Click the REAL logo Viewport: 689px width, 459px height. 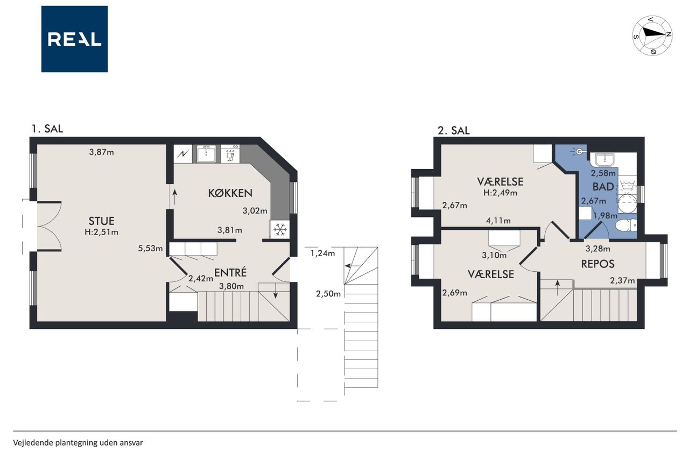pos(74,39)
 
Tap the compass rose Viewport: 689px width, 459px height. pos(652,36)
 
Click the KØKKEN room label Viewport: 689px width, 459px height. pos(230,193)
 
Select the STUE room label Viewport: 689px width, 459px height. pos(102,221)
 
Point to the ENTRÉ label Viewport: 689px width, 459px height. pos(230,273)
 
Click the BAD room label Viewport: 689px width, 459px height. pos(603,187)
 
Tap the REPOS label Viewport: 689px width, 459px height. pos(597,264)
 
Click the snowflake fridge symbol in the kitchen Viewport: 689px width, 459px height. pos(280,229)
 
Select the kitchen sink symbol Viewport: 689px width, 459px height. pos(206,154)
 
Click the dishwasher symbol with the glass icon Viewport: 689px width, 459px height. pos(230,154)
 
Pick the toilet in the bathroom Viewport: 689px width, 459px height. pos(626,225)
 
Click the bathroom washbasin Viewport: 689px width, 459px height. pos(604,160)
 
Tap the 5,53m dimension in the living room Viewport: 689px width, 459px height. pos(150,249)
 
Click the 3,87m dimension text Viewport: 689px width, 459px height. pos(102,152)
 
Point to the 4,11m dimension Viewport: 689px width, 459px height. pos(498,221)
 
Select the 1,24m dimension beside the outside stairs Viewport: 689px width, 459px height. pos(322,253)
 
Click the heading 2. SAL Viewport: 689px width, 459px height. pos(454,131)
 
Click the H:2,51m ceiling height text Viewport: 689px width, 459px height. pos(102,232)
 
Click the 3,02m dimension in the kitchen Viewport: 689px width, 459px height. pos(255,210)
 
